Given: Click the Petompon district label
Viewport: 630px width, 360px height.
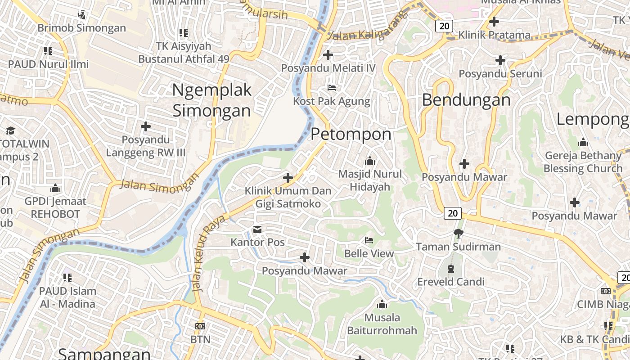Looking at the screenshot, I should [351, 134].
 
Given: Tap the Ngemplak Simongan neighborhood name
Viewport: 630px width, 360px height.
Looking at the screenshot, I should [211, 100].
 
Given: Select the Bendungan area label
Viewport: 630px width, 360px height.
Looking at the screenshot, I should [466, 100].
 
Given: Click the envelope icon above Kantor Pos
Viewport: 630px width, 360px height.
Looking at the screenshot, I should [257, 230].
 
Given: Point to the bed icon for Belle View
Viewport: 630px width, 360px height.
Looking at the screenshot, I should [369, 240].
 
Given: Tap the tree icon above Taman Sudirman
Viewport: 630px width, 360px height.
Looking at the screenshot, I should [458, 233].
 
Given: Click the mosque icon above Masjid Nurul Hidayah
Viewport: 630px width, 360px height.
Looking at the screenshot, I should [370, 161].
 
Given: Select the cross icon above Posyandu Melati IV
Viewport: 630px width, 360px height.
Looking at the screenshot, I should [328, 55].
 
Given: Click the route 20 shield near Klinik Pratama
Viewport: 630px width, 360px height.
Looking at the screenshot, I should [444, 26].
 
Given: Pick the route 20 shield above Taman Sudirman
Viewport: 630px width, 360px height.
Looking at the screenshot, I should [453, 213].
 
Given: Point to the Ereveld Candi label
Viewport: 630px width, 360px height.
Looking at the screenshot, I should [451, 282].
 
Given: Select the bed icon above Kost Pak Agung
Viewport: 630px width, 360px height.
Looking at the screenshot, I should [332, 87].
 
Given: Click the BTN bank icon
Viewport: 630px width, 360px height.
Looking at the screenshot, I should [200, 326].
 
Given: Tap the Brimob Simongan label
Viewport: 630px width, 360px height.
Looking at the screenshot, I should [81, 28].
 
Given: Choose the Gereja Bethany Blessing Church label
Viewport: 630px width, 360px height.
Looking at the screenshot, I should [583, 162].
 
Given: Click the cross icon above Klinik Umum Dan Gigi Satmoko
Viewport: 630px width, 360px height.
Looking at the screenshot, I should [288, 178].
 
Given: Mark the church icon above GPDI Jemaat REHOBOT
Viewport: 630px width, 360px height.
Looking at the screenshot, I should [56, 188].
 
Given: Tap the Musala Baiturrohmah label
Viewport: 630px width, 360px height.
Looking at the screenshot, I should [382, 324].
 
